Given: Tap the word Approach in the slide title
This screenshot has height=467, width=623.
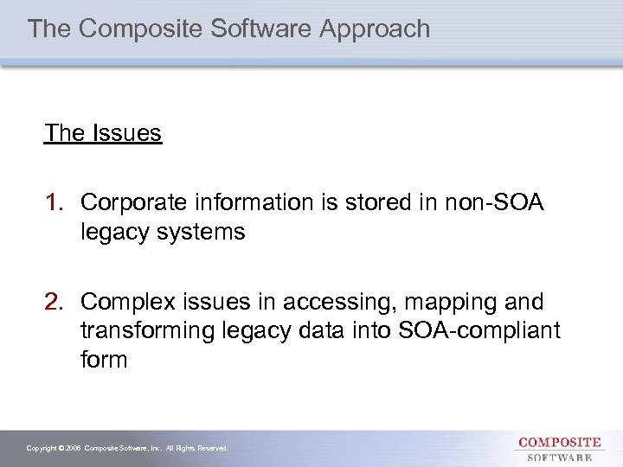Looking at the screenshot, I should pos(375,29).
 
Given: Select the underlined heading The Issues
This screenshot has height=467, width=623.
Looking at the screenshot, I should pos(103,133).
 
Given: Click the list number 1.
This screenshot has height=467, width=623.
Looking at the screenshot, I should pos(55,202).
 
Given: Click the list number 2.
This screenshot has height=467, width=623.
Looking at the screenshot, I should pos(55,303).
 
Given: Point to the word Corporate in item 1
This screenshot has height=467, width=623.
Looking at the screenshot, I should pos(133,202).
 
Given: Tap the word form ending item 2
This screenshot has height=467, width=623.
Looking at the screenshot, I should pos(103,360).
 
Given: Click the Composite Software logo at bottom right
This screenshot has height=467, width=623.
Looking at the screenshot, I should pos(560,449).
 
